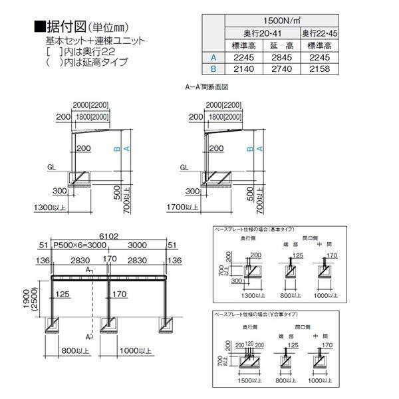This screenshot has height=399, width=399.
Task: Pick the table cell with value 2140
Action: point(243,68)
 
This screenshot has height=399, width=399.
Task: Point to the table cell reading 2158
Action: point(319,68)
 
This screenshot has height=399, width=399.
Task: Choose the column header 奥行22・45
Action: point(319,33)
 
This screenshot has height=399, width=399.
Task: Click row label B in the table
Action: point(213,68)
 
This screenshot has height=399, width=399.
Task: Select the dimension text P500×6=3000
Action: point(76,245)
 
